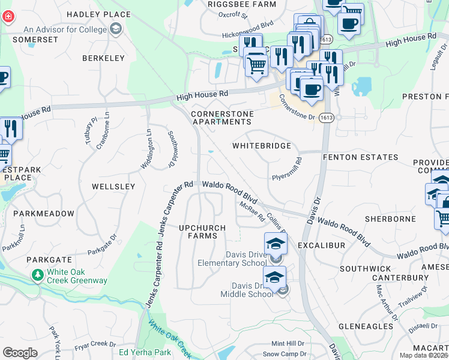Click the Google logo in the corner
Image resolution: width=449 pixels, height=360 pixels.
(20, 353)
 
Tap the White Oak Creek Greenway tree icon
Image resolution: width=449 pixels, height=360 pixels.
(37, 275)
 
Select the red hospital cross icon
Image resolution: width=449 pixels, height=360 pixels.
(8, 17)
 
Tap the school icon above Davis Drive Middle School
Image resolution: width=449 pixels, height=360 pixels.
(274, 278)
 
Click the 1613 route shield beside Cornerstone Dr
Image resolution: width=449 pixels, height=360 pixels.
(326, 118)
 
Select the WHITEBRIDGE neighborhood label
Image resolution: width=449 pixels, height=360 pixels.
(262, 146)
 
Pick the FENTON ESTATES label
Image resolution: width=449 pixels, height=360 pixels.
(360, 157)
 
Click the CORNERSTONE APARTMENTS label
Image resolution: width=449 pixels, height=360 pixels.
(221, 118)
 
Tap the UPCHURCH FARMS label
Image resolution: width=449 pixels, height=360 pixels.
(202, 232)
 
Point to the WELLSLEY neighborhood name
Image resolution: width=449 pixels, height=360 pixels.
(113, 187)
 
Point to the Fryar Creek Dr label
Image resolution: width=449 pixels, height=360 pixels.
(95, 344)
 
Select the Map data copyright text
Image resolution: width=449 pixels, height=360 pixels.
(423, 355)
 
